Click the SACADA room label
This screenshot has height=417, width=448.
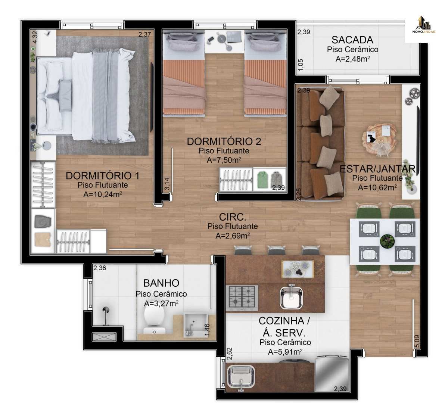point(352,40)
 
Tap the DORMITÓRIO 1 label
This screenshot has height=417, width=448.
point(102,176)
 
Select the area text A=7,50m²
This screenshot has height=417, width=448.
point(224,160)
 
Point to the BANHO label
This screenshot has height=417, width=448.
point(161,283)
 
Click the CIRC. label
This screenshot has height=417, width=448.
point(233,217)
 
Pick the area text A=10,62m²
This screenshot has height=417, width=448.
point(377,187)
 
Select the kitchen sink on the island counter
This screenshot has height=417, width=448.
point(291,296)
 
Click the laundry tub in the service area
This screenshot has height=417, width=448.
point(241,376)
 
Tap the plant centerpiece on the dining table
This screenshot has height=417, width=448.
point(387,241)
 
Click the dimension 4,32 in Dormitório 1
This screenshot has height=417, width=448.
point(35,37)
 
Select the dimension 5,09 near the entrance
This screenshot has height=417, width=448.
point(417,341)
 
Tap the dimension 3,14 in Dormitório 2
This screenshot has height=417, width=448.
point(167,184)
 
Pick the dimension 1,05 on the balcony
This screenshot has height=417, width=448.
point(301,65)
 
